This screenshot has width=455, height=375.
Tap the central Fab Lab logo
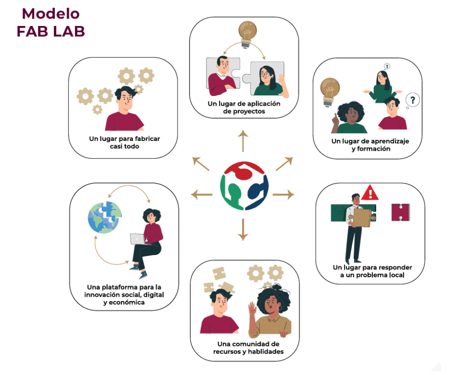(x=243, y=185)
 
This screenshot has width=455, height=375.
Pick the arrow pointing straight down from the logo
(x=242, y=230)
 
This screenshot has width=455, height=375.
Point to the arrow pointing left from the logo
(x=201, y=194)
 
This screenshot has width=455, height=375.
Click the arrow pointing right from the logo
(x=283, y=194)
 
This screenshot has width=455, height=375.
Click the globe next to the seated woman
(x=103, y=217)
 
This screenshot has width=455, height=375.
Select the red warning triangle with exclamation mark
(x=370, y=192)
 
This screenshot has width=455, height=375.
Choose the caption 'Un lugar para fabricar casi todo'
(x=124, y=142)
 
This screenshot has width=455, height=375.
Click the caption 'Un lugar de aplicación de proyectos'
(x=244, y=107)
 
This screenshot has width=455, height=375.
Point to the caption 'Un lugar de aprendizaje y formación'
(x=370, y=145)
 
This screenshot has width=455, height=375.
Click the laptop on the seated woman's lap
(x=137, y=238)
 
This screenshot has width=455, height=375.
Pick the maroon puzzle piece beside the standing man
(x=400, y=212)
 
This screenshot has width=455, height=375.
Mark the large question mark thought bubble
(x=413, y=101)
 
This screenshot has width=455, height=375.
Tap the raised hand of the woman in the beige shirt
(x=252, y=310)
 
